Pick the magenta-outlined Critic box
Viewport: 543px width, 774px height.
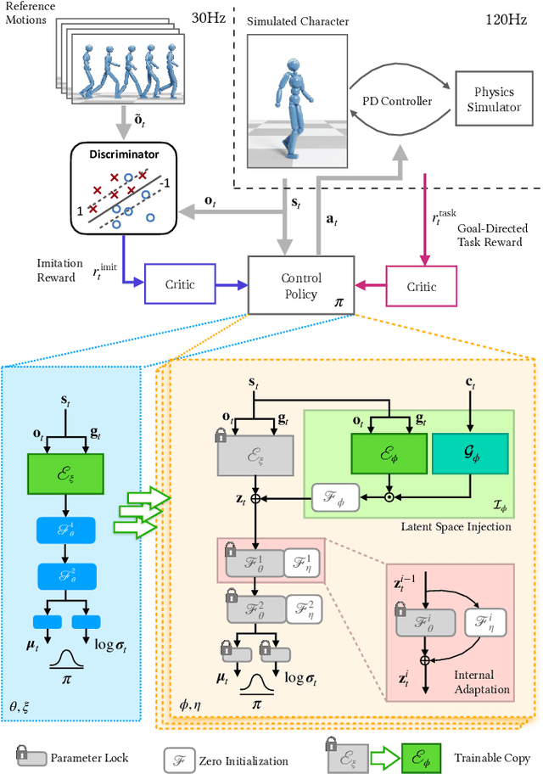421,287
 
